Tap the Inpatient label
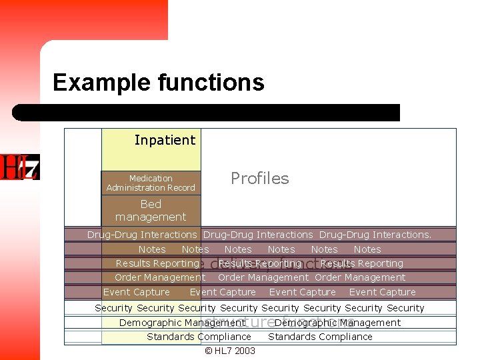point(165,140)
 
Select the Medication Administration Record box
point(151,183)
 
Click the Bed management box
point(151,211)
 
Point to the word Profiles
point(259,178)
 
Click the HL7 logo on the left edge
point(19,167)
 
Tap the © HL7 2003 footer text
point(230,351)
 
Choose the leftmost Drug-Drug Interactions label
point(142,235)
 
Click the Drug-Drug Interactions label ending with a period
point(375,235)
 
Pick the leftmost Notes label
point(152,249)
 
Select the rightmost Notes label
point(367,249)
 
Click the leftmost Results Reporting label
point(157,263)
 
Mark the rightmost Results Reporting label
point(362,263)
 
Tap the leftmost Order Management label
point(160,277)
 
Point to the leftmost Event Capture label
point(137,292)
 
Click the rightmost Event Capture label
point(382,292)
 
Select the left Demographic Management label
point(182,323)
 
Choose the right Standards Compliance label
point(320,337)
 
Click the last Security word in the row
point(405,308)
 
